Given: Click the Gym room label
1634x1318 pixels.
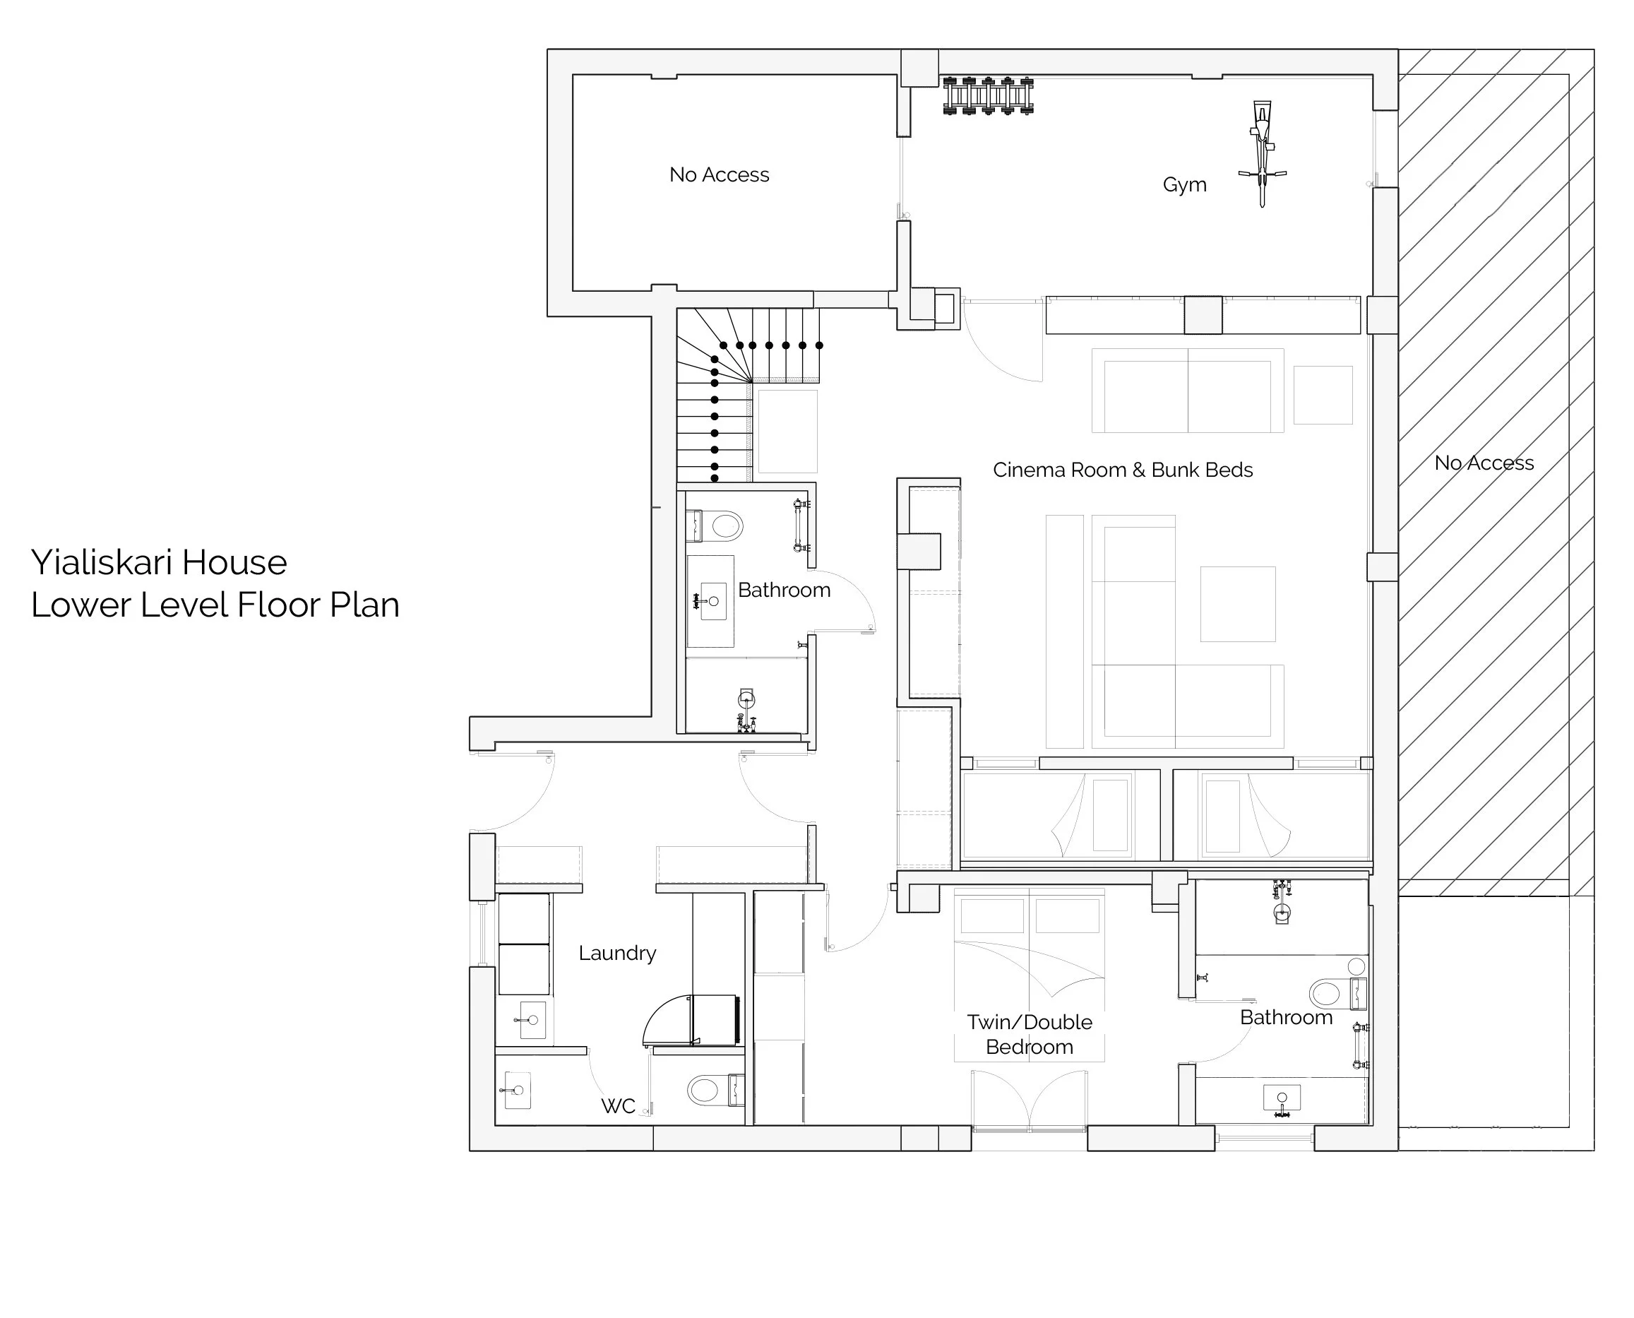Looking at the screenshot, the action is click(1184, 184).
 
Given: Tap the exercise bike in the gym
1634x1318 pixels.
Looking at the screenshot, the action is click(1261, 153).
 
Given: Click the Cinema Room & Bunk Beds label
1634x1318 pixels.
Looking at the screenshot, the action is click(1123, 470).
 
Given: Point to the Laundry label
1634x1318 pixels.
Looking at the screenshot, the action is click(617, 954).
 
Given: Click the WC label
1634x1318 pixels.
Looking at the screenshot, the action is click(618, 1106).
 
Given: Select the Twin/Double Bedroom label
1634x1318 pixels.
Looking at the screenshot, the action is click(1029, 1034).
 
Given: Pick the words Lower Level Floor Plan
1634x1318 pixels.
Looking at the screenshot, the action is click(215, 605).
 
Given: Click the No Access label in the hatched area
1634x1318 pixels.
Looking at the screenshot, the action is click(1484, 463).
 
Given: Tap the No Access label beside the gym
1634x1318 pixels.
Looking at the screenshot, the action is click(719, 174).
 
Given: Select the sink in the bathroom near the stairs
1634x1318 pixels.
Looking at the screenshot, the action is click(712, 601).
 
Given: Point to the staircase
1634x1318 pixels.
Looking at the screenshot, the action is click(748, 394).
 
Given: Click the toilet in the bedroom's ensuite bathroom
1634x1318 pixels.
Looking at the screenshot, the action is click(1338, 993).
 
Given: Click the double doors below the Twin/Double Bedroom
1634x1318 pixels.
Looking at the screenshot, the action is click(1028, 1099).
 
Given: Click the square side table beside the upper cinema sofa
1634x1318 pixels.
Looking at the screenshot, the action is click(1323, 395).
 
